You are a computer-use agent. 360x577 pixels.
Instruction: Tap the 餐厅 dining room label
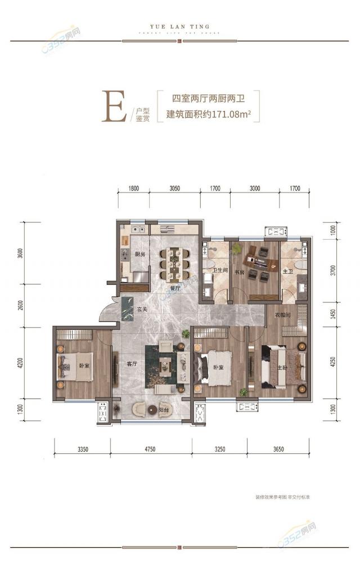175,288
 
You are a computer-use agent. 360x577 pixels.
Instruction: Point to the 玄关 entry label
141,309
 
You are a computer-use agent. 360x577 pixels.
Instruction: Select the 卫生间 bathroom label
219,270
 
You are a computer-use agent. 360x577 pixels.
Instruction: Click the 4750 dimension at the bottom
151,449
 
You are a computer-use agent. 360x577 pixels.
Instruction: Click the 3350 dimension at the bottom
82,449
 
